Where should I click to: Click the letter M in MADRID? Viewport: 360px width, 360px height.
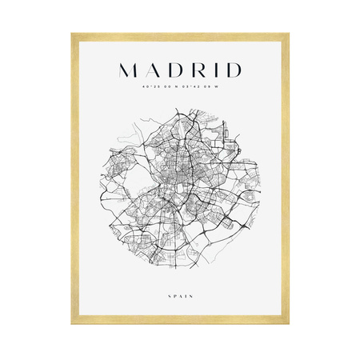click(130, 69)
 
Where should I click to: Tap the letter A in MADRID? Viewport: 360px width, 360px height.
click(154, 69)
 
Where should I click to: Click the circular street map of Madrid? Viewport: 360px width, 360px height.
click(179, 190)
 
